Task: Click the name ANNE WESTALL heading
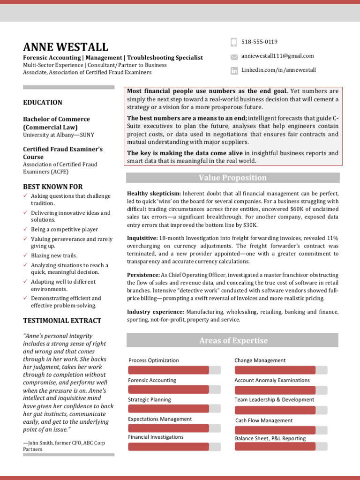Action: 66,47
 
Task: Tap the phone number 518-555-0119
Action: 259,42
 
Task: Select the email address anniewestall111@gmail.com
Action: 277,56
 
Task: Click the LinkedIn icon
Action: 234,71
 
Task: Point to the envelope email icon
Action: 234,57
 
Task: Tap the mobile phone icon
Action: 234,42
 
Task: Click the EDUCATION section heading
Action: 43,102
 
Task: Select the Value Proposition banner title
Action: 232,178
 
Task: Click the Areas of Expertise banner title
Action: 233,341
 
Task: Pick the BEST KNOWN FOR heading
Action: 52,187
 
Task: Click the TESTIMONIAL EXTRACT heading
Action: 62,321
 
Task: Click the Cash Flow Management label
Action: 264,420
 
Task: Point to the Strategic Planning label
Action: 150,400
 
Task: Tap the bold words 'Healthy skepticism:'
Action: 154,194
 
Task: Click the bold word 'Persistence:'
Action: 143,275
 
